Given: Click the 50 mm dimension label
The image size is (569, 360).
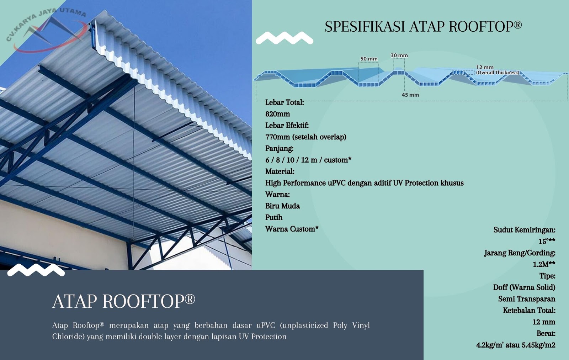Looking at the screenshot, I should point(369,59).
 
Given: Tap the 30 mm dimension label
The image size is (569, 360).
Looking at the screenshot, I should point(399,55).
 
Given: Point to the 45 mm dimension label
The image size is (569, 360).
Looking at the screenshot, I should point(410,95).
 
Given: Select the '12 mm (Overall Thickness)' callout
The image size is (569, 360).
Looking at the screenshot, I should point(497,70).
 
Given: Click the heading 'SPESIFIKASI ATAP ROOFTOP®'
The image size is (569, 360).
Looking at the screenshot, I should point(423,27).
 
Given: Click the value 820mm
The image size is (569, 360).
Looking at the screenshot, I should point(277,114).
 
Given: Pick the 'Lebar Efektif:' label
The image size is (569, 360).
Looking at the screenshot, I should point(287,125).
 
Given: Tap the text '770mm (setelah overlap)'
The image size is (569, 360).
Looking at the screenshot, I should point(305,137).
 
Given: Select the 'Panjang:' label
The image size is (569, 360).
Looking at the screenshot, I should point(279,148).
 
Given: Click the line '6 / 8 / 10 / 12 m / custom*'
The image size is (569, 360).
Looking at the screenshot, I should point(308,160).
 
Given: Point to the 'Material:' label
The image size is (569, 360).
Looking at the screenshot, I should point(280,171).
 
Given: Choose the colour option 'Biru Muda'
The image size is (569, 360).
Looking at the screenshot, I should point(282,206).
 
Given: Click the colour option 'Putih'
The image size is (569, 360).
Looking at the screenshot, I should point(273,217).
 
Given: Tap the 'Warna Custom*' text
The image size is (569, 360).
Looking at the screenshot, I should point(292,229).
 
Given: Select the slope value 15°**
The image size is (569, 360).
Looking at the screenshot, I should point(547,241).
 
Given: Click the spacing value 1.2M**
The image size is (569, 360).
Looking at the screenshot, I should point(544,264).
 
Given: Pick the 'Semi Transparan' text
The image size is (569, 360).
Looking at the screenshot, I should point(526,299).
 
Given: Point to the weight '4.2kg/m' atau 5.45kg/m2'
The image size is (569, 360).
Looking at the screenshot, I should point(515,345).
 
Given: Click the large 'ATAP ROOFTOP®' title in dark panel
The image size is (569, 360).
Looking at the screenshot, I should point(124,301).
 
